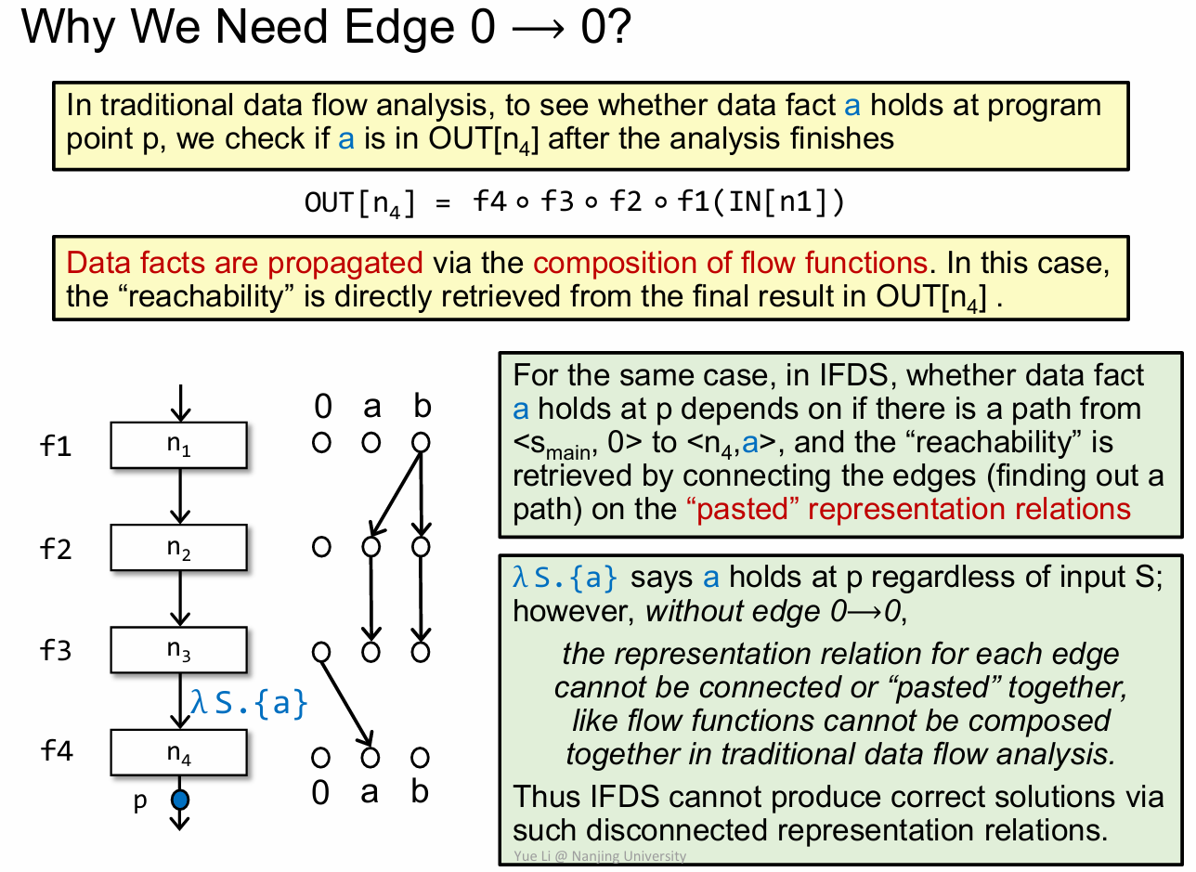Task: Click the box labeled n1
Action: point(179,445)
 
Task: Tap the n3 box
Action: point(179,649)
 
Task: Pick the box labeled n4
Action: point(179,752)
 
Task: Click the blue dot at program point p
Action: point(180,799)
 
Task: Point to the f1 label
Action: point(58,447)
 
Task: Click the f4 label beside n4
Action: point(58,751)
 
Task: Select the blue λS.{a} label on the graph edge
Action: point(248,702)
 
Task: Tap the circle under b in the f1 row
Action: point(421,443)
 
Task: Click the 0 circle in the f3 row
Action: point(321,652)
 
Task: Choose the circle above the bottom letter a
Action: point(370,758)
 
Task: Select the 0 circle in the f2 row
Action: point(321,547)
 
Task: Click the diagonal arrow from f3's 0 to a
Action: point(346,703)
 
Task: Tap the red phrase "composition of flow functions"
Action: point(730,263)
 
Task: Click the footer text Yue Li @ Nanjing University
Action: point(599,856)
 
